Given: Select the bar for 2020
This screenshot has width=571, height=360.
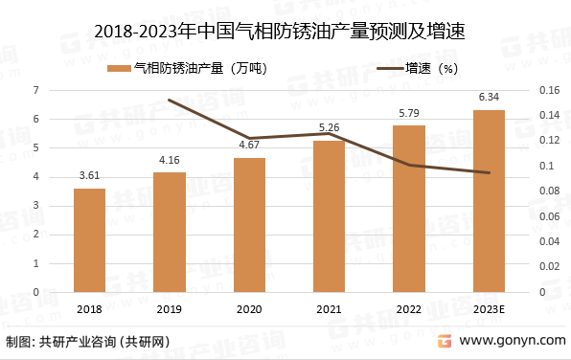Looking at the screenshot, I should (249, 225).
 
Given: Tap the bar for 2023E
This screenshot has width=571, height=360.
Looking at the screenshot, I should (489, 201).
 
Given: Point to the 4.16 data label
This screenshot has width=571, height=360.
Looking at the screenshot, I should (170, 160).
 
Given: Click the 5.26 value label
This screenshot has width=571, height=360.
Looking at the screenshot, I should (329, 128).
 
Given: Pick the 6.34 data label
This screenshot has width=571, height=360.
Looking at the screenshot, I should (489, 97).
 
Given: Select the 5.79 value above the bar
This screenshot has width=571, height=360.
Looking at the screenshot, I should (409, 113).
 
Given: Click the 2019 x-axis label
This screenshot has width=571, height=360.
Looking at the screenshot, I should (170, 308).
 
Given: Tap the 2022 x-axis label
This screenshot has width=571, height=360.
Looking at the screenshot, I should (409, 308).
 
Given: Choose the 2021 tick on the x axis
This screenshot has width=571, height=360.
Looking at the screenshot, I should (329, 308).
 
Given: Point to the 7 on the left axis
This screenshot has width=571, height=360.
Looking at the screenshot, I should (36, 90).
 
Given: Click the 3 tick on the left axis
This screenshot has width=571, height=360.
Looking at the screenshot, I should (36, 206).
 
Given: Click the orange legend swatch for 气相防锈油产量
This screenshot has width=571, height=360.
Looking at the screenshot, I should (119, 68).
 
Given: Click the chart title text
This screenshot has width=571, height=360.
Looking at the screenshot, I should (285, 32).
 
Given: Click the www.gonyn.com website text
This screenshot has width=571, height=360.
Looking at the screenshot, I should (511, 342).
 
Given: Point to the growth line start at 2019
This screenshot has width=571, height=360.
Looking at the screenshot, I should (170, 101).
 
